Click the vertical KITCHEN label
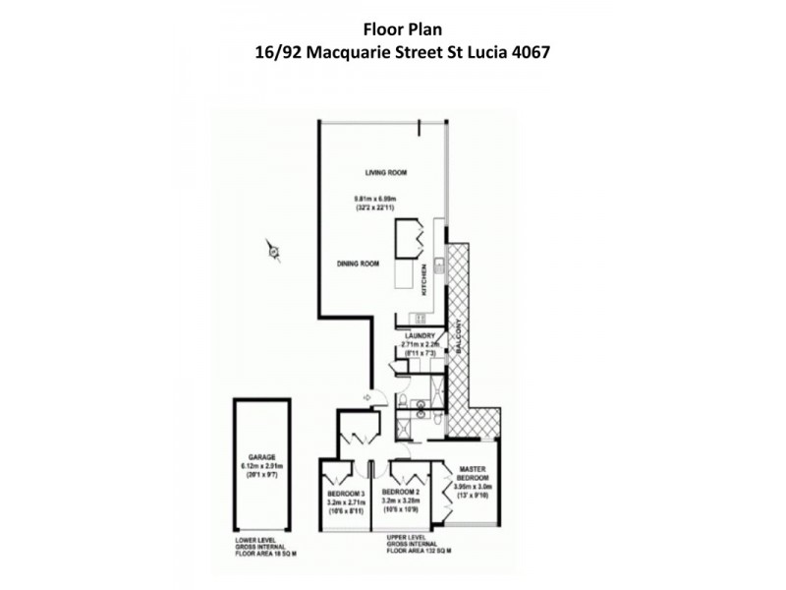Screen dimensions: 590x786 pyautogui.click(x=423, y=281)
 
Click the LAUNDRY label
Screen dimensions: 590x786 pyautogui.click(x=419, y=335)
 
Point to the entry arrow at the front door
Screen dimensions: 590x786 pyautogui.click(x=367, y=397)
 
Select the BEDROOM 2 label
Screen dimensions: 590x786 pyautogui.click(x=401, y=492)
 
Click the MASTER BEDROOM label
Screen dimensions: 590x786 pyautogui.click(x=468, y=473)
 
